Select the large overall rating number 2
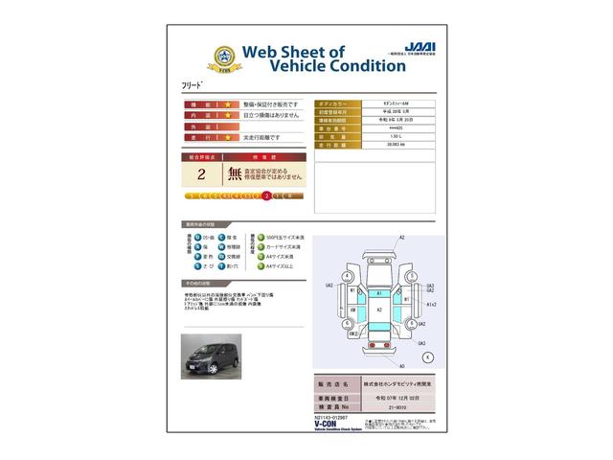click(x=201, y=174)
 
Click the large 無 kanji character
click(x=235, y=174)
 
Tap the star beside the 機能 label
click(x=202, y=103)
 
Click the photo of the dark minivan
click(x=213, y=355)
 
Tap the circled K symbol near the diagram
click(x=427, y=356)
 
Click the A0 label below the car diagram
click(x=401, y=366)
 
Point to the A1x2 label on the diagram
click(x=431, y=303)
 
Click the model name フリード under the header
click(x=193, y=85)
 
